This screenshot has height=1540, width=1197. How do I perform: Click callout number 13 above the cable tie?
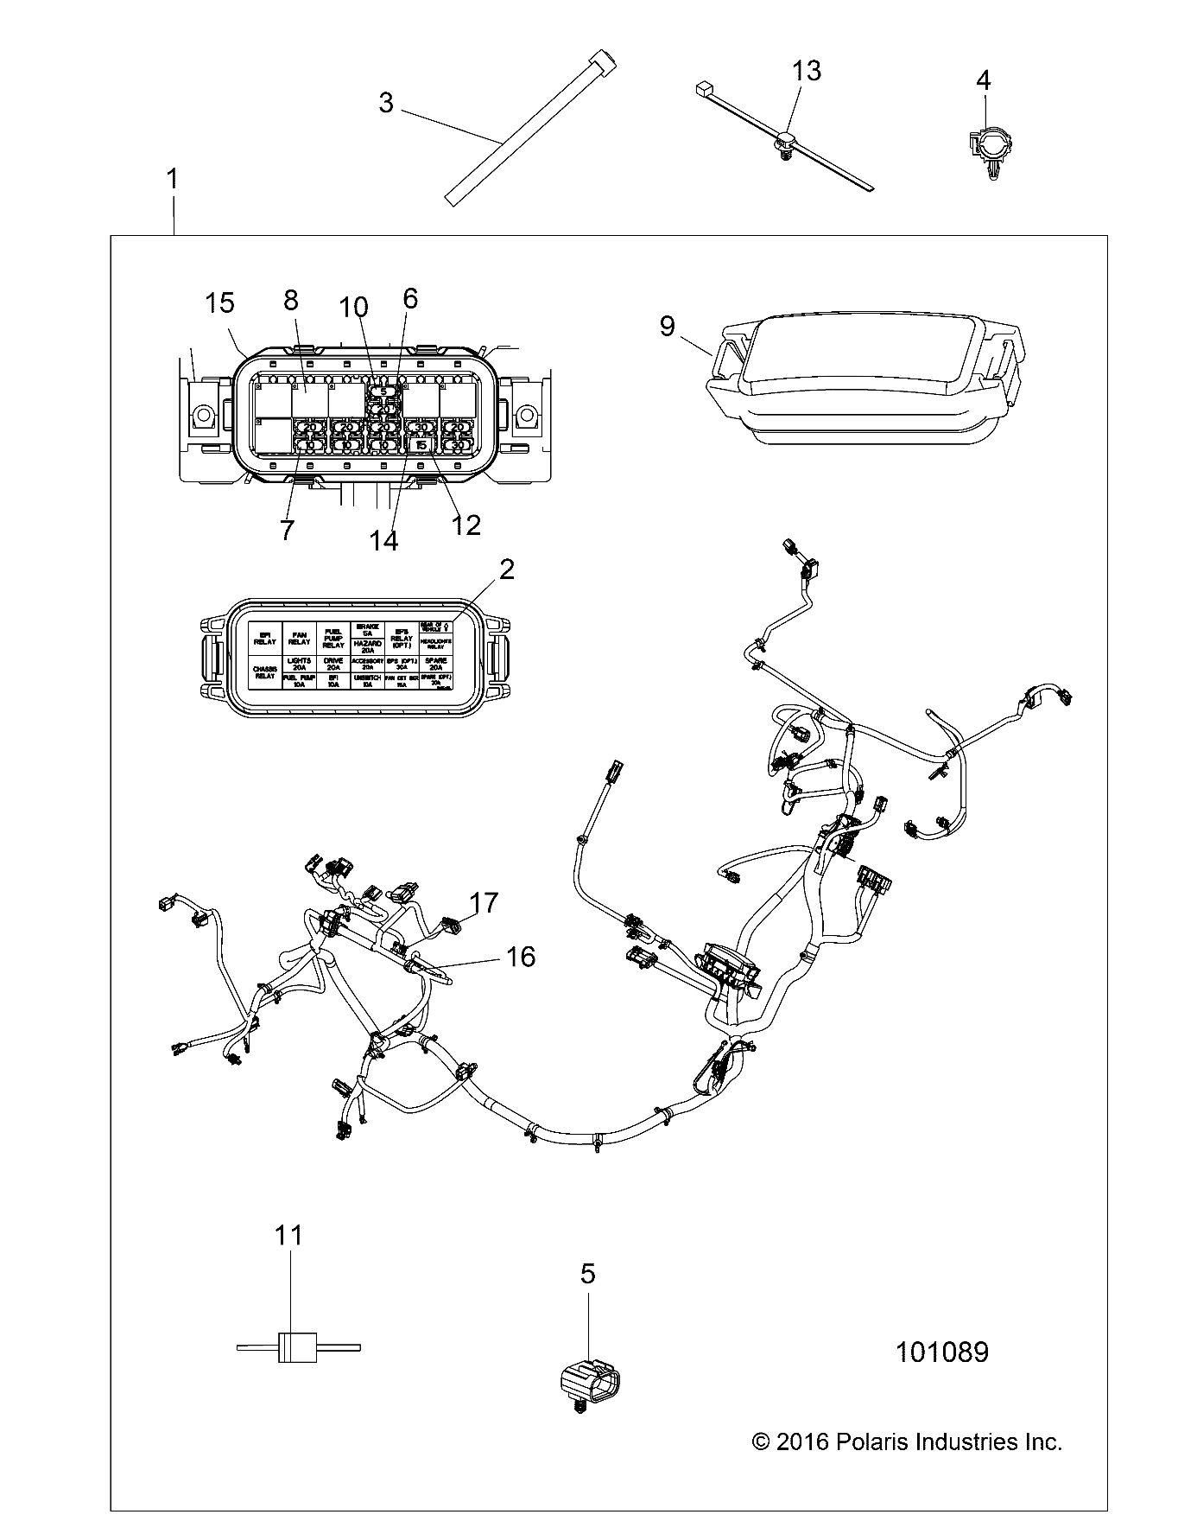click(x=806, y=71)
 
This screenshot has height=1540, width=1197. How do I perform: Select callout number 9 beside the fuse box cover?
click(x=667, y=326)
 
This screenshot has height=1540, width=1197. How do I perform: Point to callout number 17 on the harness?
click(x=484, y=903)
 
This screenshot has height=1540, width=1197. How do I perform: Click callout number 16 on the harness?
click(x=521, y=957)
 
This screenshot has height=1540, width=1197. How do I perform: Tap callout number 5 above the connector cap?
click(x=587, y=1273)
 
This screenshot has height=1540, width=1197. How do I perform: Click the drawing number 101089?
click(x=941, y=1352)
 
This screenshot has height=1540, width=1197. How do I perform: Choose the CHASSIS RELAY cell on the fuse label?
click(x=265, y=671)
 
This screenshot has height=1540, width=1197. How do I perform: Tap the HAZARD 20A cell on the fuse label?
click(x=368, y=644)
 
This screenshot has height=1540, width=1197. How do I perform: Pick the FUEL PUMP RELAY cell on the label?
click(x=333, y=639)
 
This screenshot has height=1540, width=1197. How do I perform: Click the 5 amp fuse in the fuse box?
click(x=383, y=391)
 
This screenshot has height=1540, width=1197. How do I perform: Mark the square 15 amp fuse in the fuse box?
click(x=421, y=445)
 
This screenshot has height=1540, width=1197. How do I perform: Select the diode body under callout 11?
click(x=290, y=1346)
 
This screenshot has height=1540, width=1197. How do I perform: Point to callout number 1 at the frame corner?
click(x=173, y=180)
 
